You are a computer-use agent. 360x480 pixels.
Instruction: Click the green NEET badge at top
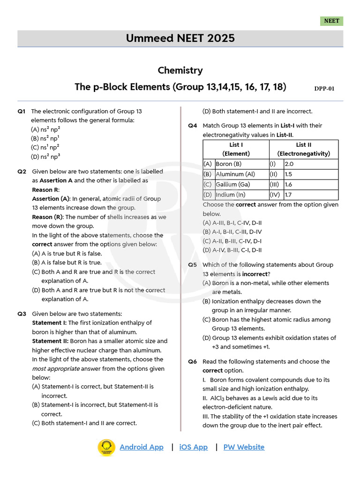pos(332,21)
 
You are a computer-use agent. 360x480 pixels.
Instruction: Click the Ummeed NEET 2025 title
pos(180,38)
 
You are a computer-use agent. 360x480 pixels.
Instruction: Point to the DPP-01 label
pos(324,88)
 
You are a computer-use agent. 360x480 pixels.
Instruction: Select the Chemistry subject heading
pos(180,70)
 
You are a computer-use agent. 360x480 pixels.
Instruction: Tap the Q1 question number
pos(22,112)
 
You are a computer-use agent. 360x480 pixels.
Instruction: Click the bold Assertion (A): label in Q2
pos(51,199)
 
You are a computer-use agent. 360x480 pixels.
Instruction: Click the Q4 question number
pos(193,126)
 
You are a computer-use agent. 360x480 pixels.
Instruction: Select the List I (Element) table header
pos(236,149)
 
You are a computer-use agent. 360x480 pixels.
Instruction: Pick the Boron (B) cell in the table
pos(228,164)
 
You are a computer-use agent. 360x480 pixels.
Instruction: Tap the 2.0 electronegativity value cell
pos(289,164)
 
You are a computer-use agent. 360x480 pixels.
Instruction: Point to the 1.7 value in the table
pos(289,195)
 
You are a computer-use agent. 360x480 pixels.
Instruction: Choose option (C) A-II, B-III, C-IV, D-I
pos(232,241)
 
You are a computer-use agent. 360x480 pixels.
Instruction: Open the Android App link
pos(142,447)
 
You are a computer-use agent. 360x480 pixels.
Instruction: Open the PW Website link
pos(244,447)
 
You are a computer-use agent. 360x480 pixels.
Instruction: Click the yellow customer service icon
pos(106,447)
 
